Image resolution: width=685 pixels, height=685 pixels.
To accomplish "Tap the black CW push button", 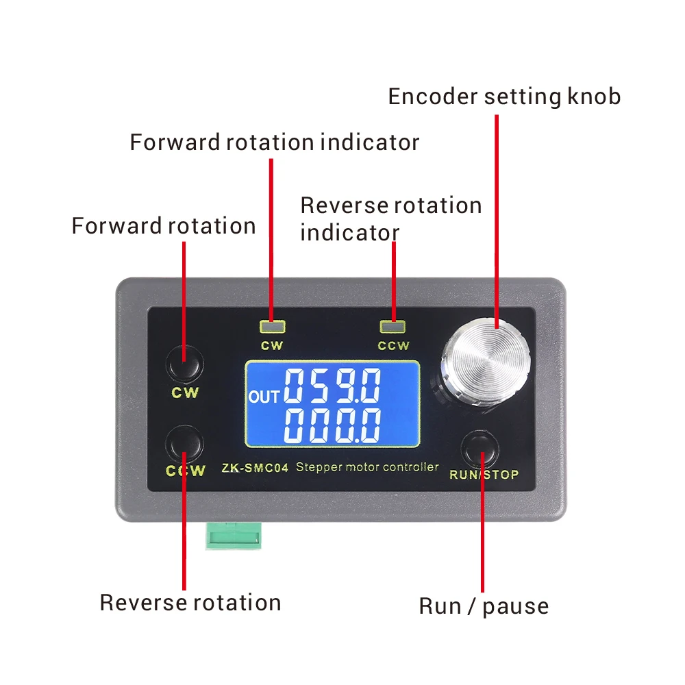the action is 185,364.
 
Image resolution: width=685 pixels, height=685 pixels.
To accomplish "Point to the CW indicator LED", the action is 272,327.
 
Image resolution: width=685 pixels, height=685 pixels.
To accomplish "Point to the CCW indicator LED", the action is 393,327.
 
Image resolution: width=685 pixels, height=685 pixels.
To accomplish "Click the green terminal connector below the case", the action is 234,535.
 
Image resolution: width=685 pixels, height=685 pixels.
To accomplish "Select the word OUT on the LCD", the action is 264,397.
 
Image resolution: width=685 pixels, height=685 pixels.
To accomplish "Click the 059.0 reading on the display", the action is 332,385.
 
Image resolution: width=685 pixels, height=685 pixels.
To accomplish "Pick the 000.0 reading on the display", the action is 332,426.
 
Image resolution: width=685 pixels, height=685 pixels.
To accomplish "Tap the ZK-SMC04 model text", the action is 255,468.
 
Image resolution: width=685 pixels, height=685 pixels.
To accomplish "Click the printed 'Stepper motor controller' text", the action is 367,467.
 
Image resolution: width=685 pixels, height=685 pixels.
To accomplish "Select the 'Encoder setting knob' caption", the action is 504,97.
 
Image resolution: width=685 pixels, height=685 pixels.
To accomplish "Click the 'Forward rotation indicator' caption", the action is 275,142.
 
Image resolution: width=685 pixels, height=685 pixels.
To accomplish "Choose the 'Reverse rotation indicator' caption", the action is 391,219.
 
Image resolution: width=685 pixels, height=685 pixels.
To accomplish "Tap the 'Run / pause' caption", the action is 484,607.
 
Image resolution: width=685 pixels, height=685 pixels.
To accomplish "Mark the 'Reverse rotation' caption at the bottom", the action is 190,603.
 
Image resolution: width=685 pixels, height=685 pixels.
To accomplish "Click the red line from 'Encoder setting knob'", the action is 497,221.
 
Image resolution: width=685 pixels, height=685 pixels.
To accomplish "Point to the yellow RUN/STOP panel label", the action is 484,475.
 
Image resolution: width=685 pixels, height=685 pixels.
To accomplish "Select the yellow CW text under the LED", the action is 272,345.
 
